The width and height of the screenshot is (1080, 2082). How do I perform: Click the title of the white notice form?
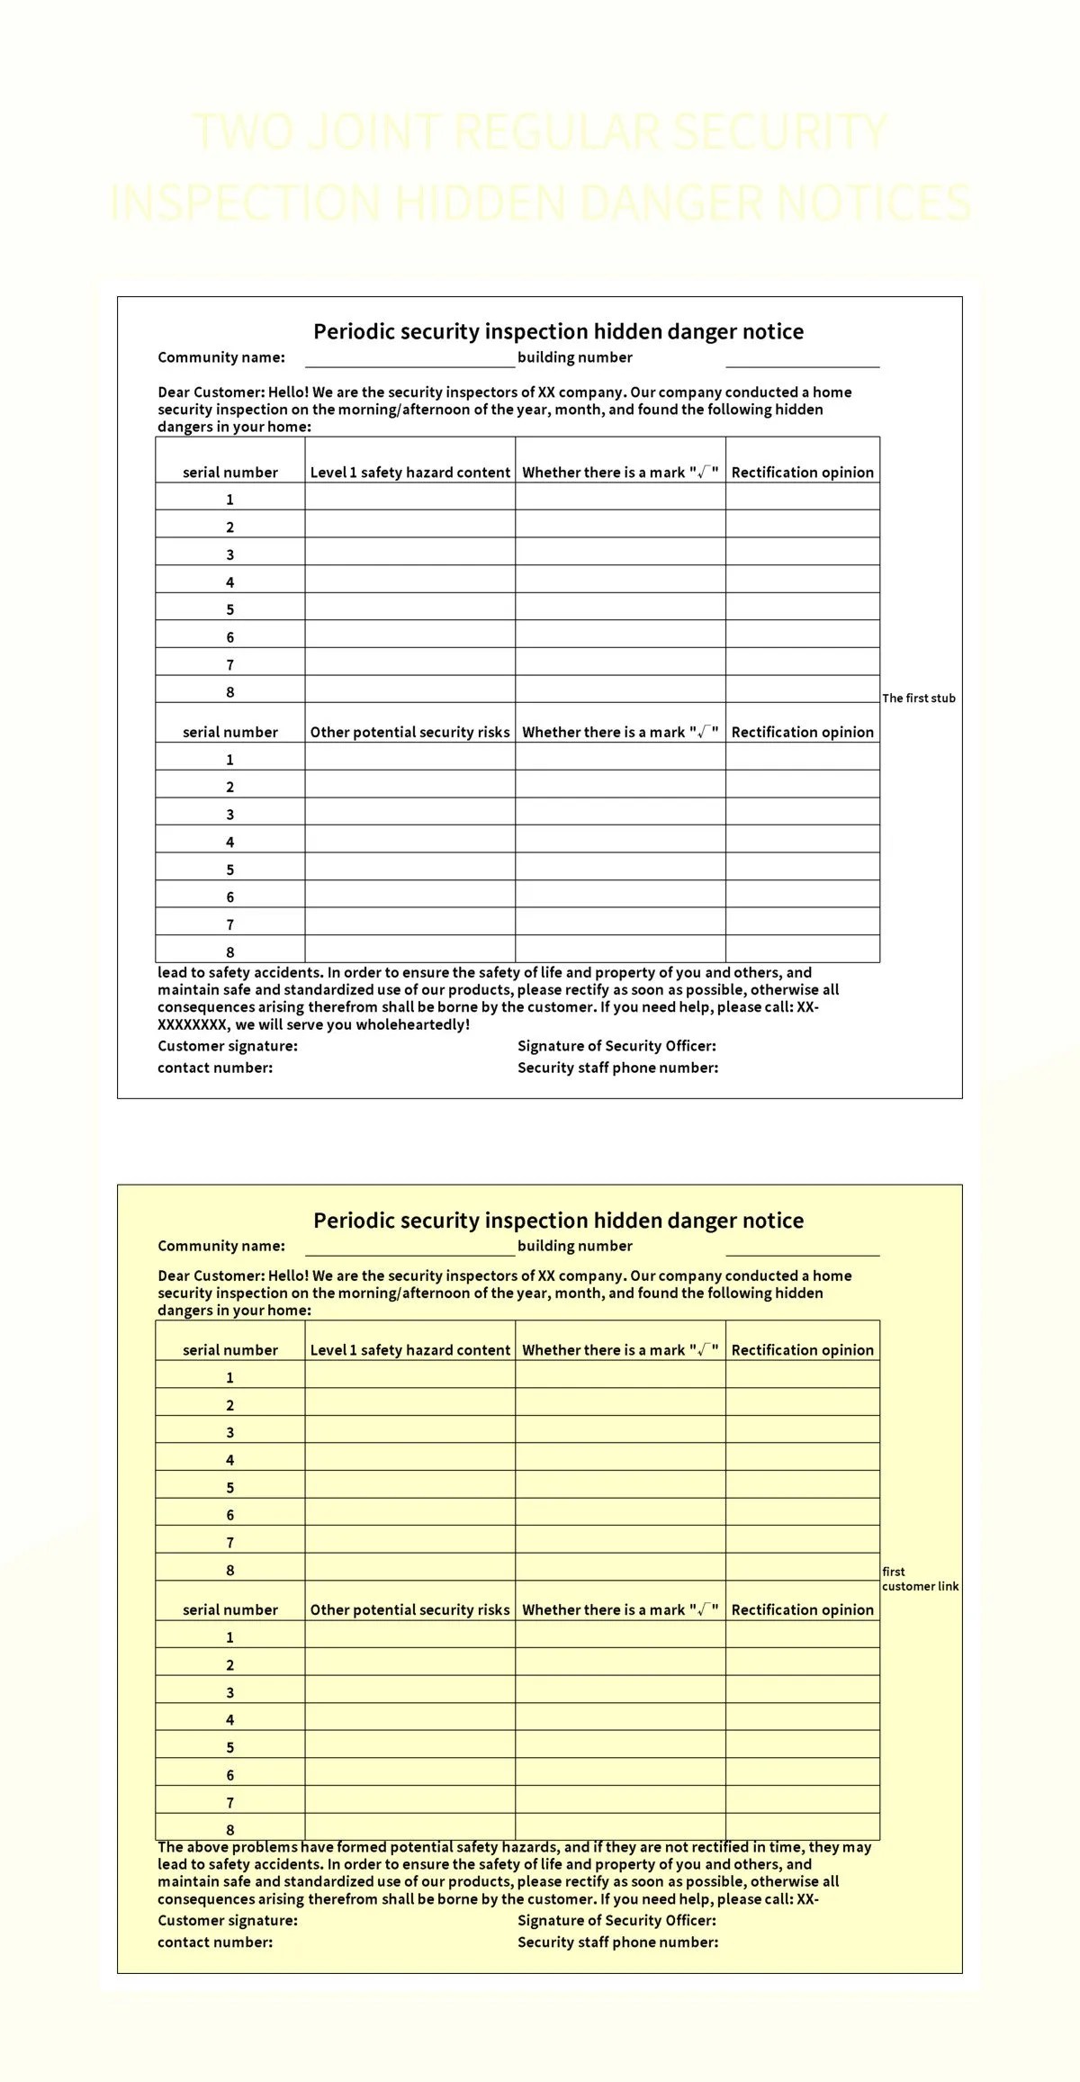558,331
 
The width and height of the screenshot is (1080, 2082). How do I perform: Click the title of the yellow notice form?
558,1221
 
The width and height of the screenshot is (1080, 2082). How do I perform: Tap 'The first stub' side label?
918,698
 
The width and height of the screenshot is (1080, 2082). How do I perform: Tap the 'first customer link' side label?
920,1579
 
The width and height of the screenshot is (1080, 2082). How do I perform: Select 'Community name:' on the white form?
221,357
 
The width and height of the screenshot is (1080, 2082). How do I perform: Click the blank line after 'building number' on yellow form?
802,1247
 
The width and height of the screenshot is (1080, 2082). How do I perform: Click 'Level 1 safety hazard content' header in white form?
409,473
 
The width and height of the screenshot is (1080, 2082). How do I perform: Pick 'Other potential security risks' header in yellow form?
409,1609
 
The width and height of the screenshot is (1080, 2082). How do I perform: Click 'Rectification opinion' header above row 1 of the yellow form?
802,1350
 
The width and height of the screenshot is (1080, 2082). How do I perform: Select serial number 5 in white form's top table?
229,609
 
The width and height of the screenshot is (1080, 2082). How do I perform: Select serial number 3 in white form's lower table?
229,815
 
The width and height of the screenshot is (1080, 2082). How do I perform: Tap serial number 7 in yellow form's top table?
229,1542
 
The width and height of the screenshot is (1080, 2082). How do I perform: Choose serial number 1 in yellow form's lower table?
229,1637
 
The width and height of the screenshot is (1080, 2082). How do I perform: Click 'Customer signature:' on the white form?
227,1046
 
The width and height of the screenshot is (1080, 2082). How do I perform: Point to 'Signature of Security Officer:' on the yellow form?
616,1920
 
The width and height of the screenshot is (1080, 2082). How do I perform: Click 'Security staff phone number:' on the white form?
617,1068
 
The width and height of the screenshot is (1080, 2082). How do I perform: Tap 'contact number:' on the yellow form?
214,1942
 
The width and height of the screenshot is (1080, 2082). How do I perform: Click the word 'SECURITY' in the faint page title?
779,132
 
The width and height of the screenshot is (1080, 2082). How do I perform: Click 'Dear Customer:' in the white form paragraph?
211,392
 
